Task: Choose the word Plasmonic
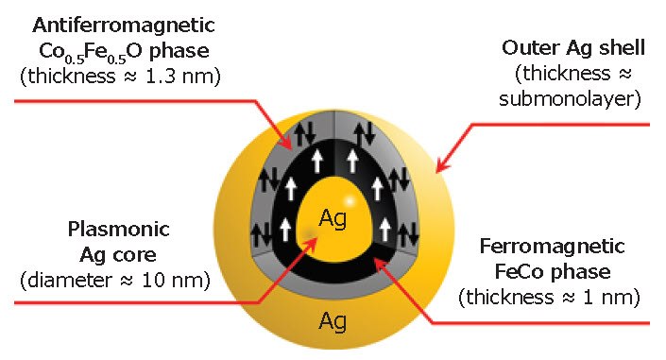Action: pos(106,230)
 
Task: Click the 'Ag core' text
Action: pos(106,255)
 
